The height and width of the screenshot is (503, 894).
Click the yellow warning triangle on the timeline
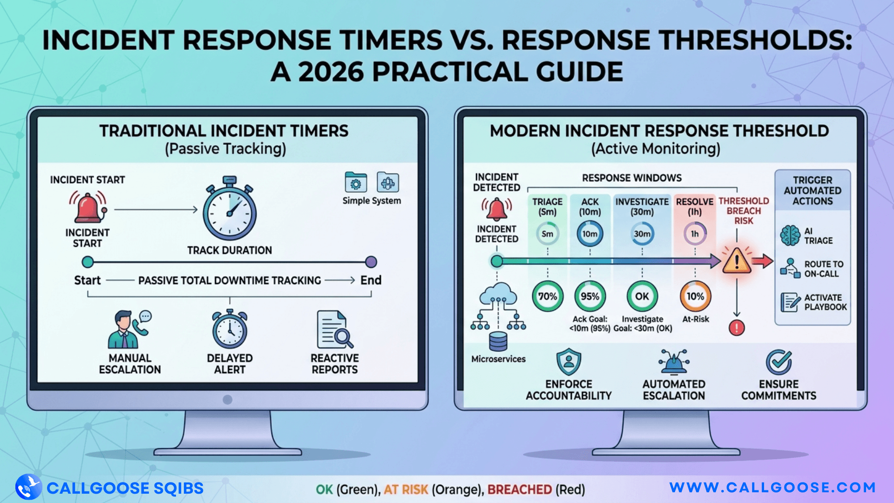[737, 261]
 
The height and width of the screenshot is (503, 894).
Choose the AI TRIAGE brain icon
[790, 236]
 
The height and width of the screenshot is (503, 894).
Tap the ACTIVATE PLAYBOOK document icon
[790, 302]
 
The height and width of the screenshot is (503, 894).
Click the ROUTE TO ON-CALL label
[824, 269]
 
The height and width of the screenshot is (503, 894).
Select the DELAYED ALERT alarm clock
[230, 329]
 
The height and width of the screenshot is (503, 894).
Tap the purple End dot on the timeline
[371, 262]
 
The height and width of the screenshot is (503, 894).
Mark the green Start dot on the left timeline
[88, 262]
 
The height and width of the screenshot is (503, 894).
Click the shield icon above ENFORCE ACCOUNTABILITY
[569, 362]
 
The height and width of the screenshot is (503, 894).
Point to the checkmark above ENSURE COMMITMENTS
[779, 362]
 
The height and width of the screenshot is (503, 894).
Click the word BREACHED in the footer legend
[520, 489]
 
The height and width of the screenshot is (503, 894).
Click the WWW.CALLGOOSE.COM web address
[772, 488]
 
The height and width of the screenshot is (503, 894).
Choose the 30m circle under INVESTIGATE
[642, 234]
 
